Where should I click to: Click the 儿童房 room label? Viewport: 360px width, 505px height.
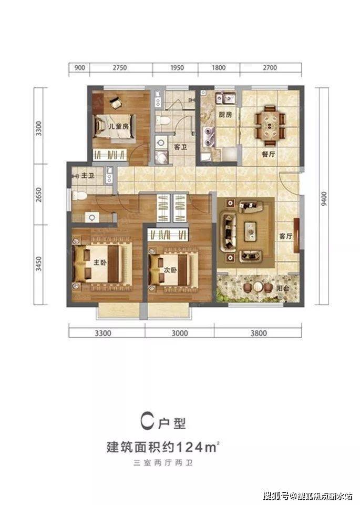[x=118, y=126]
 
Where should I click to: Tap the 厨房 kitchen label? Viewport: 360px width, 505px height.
[x=225, y=114]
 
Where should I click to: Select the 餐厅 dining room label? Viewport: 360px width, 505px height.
[x=269, y=154]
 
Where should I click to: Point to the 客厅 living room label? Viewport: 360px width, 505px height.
[x=285, y=236]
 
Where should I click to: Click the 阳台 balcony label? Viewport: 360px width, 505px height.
[x=283, y=288]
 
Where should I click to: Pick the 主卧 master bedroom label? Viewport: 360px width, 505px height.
[x=100, y=262]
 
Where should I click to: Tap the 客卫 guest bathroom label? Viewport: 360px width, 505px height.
[x=180, y=147]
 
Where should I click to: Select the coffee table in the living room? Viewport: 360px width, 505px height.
[x=251, y=231]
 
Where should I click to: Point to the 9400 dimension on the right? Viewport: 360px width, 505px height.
[x=324, y=199]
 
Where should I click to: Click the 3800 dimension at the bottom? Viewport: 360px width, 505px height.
[x=259, y=333]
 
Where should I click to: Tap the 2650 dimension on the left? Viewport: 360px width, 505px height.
[x=38, y=195]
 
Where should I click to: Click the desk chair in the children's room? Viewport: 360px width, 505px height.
[x=116, y=103]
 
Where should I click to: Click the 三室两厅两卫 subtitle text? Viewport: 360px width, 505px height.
[x=163, y=463]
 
